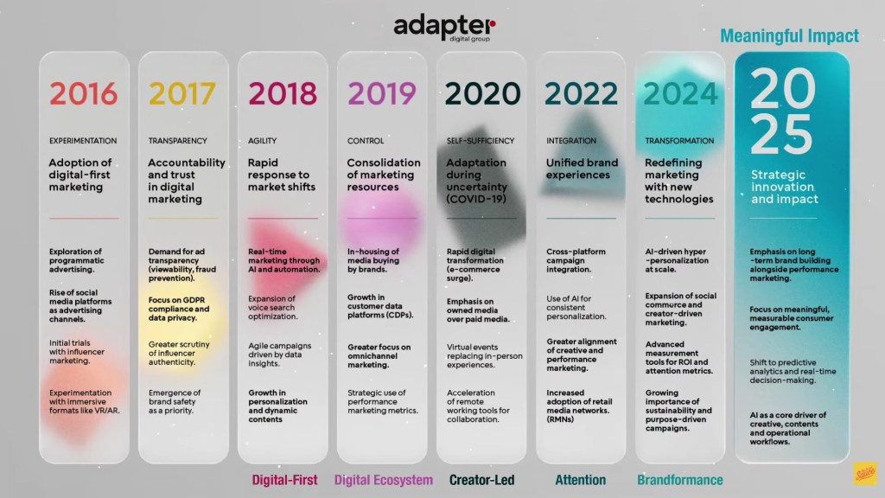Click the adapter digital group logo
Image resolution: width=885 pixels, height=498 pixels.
click(444, 29)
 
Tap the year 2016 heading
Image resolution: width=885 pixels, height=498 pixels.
click(83, 93)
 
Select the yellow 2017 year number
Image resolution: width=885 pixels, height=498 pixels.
click(182, 93)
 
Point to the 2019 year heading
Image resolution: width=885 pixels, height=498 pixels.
click(381, 93)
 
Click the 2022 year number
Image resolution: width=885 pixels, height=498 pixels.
click(581, 93)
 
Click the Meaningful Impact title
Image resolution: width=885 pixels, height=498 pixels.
click(789, 36)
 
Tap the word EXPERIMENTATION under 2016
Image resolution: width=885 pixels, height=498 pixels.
click(83, 140)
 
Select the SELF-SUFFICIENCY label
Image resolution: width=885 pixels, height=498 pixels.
click(480, 140)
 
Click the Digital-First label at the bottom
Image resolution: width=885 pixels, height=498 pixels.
click(284, 479)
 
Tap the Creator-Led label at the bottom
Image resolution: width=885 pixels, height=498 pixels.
click(482, 479)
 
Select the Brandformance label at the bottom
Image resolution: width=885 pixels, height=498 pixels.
click(679, 479)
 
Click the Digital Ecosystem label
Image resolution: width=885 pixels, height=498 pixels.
click(383, 479)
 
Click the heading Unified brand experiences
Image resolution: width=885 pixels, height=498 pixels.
click(582, 169)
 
